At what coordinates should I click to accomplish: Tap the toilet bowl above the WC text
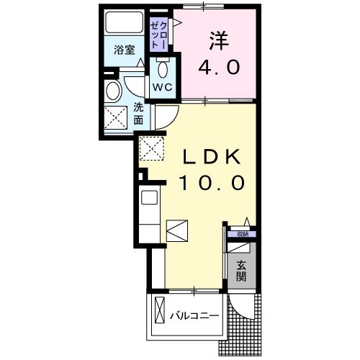[162, 70]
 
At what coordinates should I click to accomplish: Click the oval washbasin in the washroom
[113, 91]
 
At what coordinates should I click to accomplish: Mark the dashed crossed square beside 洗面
[115, 117]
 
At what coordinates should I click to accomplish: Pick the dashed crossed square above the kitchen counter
[152, 148]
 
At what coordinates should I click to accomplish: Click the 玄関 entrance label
[240, 271]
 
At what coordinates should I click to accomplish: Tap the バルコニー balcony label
[194, 315]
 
